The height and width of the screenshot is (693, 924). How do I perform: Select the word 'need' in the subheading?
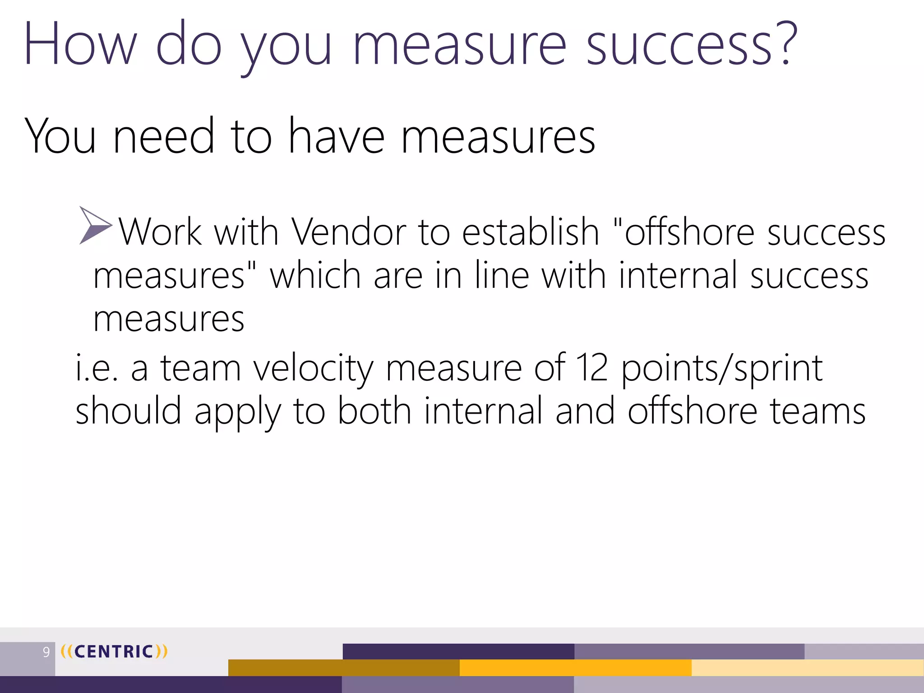[x=163, y=137]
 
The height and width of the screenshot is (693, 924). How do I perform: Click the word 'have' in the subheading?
[x=337, y=137]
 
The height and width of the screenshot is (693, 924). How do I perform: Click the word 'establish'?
[x=530, y=232]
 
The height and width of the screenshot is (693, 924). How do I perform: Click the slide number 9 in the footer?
[x=46, y=652]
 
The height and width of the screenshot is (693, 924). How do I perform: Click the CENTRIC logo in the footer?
[x=114, y=651]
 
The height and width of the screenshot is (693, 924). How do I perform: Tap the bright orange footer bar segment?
[x=575, y=668]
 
